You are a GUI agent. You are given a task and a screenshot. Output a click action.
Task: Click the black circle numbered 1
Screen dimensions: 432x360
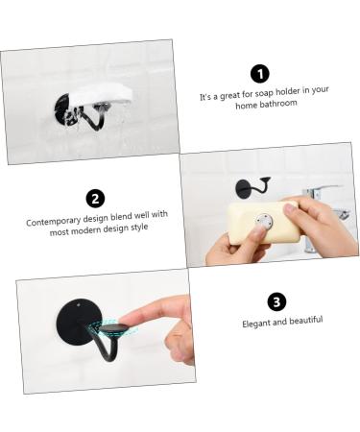click(258, 74)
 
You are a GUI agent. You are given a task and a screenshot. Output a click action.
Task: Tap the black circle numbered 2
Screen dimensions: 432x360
click(95, 199)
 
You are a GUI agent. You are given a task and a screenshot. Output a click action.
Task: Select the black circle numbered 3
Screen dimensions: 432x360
click(277, 301)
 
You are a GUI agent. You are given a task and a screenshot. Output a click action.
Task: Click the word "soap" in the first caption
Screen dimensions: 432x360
click(266, 95)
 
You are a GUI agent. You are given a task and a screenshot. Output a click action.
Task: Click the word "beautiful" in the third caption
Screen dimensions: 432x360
click(304, 319)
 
